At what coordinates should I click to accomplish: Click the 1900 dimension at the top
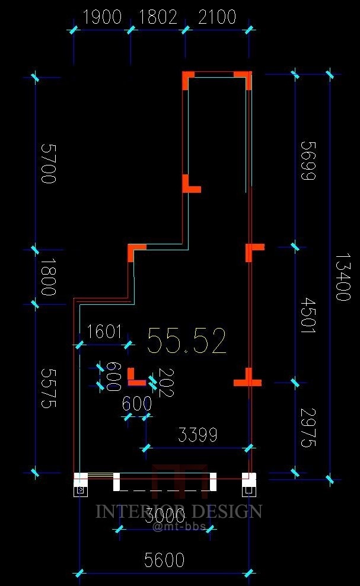pyautogui.click(x=102, y=17)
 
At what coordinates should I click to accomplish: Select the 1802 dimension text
pyautogui.click(x=158, y=17)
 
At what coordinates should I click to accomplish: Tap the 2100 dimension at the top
pyautogui.click(x=217, y=17)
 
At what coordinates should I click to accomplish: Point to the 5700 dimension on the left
pyautogui.click(x=47, y=163)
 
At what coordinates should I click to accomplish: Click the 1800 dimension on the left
pyautogui.click(x=47, y=277)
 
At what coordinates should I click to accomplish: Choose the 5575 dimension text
pyautogui.click(x=47, y=388)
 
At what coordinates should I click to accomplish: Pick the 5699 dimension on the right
pyautogui.click(x=308, y=160)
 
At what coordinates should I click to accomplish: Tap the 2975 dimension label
pyautogui.click(x=308, y=427)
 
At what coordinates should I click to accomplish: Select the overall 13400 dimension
pyautogui.click(x=343, y=277)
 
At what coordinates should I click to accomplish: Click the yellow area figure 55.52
pyautogui.click(x=187, y=341)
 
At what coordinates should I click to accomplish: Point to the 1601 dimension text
pyautogui.click(x=104, y=331)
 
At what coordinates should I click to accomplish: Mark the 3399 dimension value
pyautogui.click(x=198, y=435)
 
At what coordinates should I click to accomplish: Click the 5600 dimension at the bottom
pyautogui.click(x=164, y=559)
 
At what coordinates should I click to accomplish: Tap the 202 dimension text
pyautogui.click(x=166, y=383)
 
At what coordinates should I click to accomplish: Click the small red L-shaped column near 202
pyautogui.click(x=135, y=378)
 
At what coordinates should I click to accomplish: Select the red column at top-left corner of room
pyautogui.click(x=187, y=79)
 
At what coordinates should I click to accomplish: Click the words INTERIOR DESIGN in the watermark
pyautogui.click(x=179, y=511)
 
